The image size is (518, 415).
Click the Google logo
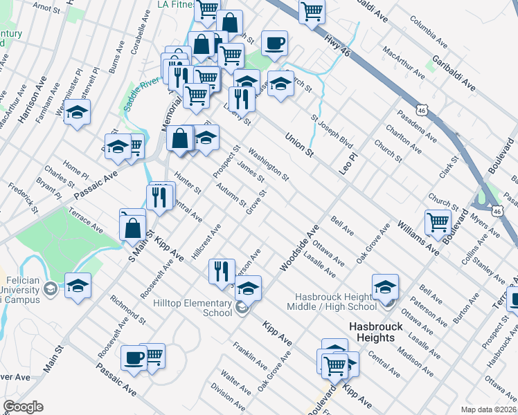click(23, 407)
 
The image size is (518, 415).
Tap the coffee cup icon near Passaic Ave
click(132, 357)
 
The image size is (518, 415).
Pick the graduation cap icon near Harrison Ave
click(78, 111)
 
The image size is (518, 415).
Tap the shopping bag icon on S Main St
click(132, 226)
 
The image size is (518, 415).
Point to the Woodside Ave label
click(299, 247)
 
